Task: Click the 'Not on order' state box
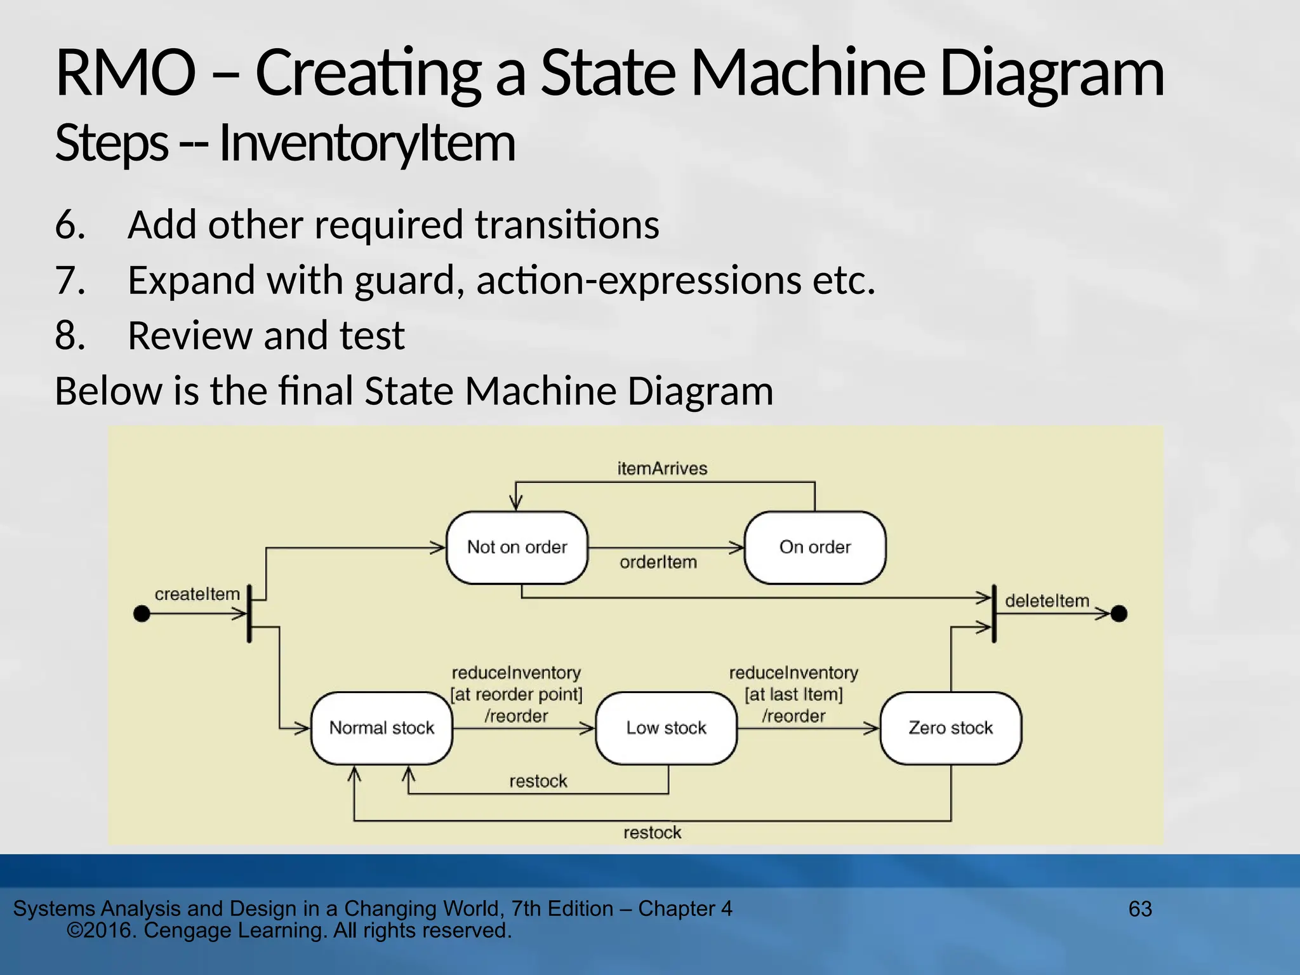[517, 547]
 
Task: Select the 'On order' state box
[814, 547]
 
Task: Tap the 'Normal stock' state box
[381, 727]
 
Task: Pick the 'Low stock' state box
[666, 727]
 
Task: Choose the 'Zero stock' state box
[950, 727]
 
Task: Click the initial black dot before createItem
[142, 614]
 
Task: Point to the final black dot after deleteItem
[1119, 614]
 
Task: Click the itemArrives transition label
[662, 468]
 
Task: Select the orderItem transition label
[658, 562]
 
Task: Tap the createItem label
[197, 594]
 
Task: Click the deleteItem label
[1047, 600]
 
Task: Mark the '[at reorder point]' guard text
[516, 694]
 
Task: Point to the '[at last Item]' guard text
[793, 694]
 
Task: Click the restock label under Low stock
[538, 781]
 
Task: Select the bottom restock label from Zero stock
[652, 832]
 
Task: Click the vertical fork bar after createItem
[249, 614]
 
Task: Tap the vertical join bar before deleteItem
[994, 614]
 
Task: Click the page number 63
[1140, 909]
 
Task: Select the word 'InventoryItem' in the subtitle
[367, 143]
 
